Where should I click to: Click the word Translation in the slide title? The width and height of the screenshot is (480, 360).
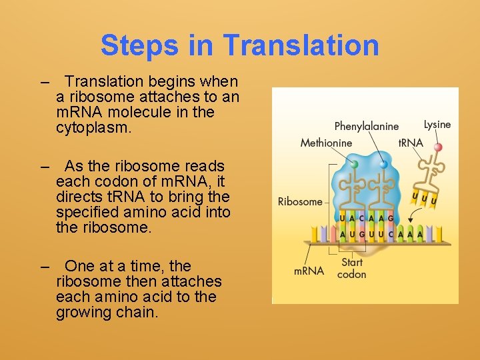click(301, 45)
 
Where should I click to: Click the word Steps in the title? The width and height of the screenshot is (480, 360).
click(139, 45)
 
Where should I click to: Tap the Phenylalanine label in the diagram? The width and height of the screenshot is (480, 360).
click(366, 126)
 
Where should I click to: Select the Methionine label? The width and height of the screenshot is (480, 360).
click(326, 143)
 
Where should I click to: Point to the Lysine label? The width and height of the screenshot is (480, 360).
click(437, 125)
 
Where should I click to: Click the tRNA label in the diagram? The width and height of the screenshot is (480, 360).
click(410, 143)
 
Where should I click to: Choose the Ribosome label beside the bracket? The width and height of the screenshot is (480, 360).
click(300, 201)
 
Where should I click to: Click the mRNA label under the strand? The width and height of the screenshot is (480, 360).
click(308, 271)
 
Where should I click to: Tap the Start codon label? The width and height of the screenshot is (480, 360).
click(352, 268)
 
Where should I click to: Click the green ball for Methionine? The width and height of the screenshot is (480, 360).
click(355, 163)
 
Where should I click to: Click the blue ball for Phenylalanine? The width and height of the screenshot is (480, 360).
click(383, 163)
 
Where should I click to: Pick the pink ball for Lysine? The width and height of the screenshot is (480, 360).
click(438, 147)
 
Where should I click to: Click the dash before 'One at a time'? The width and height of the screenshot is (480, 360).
click(45, 266)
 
